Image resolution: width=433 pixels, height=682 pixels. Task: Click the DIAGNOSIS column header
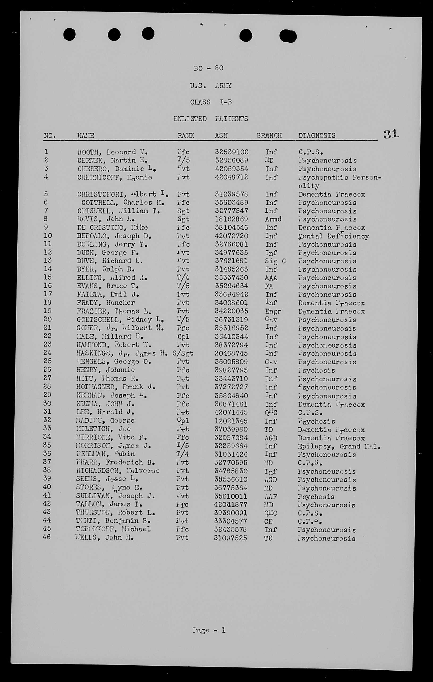click(x=317, y=135)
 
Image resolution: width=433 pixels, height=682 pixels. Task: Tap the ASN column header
click(x=221, y=135)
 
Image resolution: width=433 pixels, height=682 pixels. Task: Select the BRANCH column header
click(x=269, y=135)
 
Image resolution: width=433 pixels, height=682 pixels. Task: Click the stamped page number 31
click(x=391, y=134)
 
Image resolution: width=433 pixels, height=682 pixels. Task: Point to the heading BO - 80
click(x=208, y=68)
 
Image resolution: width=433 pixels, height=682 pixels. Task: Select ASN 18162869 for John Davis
click(x=231, y=219)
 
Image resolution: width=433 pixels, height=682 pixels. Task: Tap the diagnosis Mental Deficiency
click(x=333, y=236)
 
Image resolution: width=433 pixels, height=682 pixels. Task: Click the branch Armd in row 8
click(x=273, y=219)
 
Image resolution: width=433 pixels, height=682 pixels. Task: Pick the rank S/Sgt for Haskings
click(x=183, y=353)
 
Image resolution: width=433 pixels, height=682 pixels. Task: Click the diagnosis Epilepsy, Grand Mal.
click(x=339, y=447)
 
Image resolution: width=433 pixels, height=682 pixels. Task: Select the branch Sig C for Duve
click(x=275, y=261)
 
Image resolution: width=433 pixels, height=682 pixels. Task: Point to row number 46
click(x=47, y=537)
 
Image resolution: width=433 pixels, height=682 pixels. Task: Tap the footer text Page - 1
click(x=209, y=630)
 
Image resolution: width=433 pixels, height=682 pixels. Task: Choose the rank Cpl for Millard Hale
click(x=183, y=337)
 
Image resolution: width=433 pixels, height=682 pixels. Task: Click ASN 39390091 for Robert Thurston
click(x=231, y=513)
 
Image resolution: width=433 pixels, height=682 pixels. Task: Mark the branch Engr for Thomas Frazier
click(x=273, y=312)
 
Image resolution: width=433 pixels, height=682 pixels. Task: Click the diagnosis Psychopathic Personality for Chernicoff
click(x=339, y=181)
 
